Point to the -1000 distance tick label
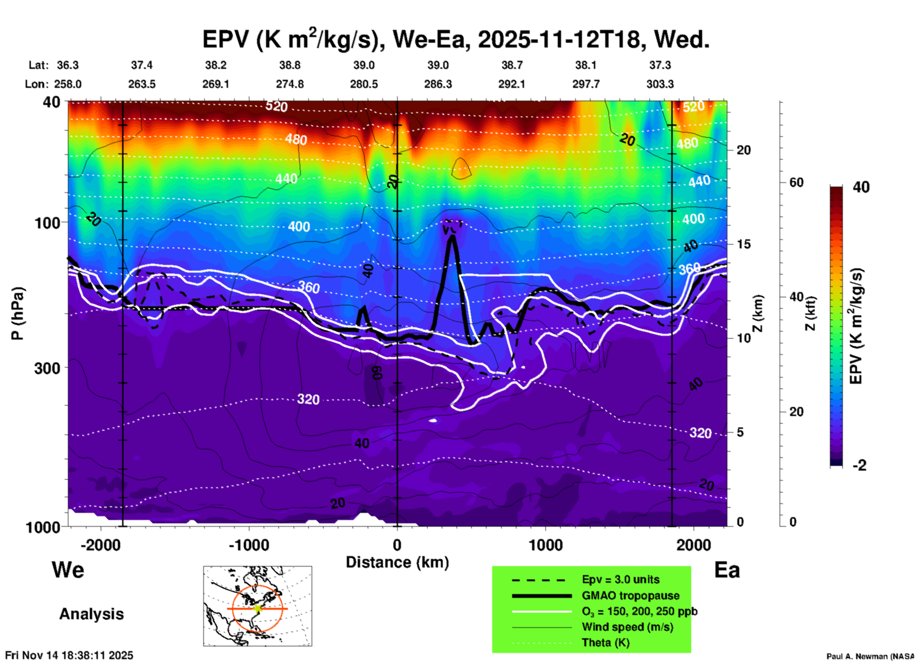click(x=248, y=545)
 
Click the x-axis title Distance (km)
click(x=397, y=562)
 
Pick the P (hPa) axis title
click(x=18, y=313)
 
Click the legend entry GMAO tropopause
click(x=630, y=596)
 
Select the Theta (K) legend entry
click(x=605, y=643)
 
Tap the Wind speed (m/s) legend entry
click(x=627, y=627)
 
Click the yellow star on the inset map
click(x=257, y=608)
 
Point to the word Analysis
click(x=91, y=614)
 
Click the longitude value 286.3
click(x=438, y=84)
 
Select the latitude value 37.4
click(x=142, y=65)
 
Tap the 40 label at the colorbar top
click(x=861, y=187)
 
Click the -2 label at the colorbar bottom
click(x=859, y=465)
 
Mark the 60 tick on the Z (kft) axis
click(x=796, y=182)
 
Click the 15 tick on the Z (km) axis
click(x=743, y=244)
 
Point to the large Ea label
click(x=727, y=570)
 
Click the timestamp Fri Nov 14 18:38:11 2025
click(x=69, y=655)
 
